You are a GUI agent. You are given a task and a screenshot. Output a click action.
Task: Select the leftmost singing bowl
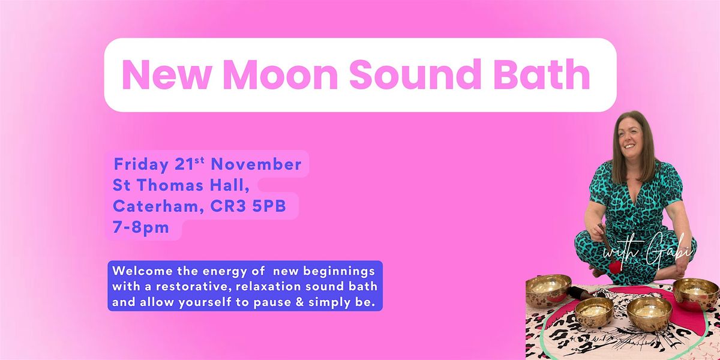tap(548, 289)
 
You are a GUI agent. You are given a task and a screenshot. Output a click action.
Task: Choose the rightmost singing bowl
tap(695, 292)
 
